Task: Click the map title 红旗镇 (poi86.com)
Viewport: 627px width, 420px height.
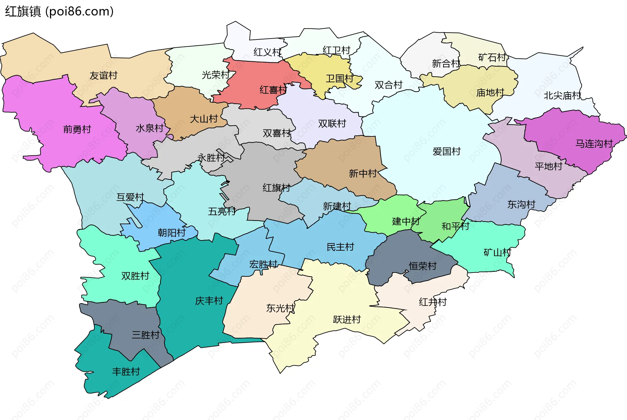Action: point(59,11)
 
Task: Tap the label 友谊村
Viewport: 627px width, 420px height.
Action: point(103,75)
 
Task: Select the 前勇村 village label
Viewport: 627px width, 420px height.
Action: point(77,129)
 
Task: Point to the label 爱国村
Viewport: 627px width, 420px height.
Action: point(446,151)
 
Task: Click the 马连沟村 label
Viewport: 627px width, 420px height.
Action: point(594,144)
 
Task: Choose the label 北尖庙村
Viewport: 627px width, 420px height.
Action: point(562,96)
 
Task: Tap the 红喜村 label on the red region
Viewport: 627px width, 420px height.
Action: point(273,90)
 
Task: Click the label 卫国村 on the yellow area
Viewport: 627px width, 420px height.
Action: point(340,78)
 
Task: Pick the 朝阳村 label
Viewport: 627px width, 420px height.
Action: point(171,233)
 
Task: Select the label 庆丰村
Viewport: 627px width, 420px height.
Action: point(209,301)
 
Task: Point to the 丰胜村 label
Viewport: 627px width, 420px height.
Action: point(126,371)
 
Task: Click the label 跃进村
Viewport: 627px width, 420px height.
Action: point(347,319)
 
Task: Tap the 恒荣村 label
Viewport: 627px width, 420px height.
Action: point(423,266)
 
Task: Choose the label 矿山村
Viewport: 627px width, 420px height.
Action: point(497,252)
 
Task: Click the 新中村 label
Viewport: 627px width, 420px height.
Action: point(363,173)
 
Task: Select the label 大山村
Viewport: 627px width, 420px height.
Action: point(204,119)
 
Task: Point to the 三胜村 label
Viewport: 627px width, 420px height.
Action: point(145,335)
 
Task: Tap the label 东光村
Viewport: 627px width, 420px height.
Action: point(280,308)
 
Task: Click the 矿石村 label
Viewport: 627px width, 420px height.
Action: point(492,57)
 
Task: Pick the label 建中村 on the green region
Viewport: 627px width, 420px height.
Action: point(406,222)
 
